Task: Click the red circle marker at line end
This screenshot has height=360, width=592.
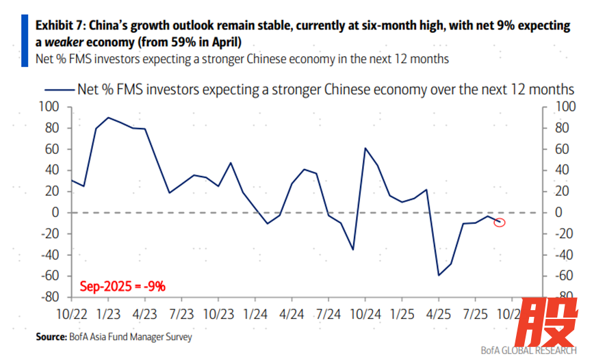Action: click(500, 222)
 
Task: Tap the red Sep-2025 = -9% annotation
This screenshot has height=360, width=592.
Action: click(123, 286)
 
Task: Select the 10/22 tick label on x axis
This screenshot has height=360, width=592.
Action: click(70, 314)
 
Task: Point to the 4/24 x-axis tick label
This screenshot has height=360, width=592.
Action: click(292, 314)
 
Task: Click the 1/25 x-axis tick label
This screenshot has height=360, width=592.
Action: click(402, 314)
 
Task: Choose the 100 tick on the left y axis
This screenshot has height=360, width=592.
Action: click(52, 107)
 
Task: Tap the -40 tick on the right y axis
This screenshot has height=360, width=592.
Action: click(563, 255)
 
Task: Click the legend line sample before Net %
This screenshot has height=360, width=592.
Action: click(57, 90)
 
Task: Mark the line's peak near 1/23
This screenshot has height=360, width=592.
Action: click(109, 118)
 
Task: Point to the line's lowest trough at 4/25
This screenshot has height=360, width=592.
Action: click(439, 275)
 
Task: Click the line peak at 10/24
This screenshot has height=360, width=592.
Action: click(365, 148)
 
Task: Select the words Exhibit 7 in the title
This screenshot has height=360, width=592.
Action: click(61, 26)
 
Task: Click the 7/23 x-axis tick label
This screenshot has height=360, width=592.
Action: click(181, 314)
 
